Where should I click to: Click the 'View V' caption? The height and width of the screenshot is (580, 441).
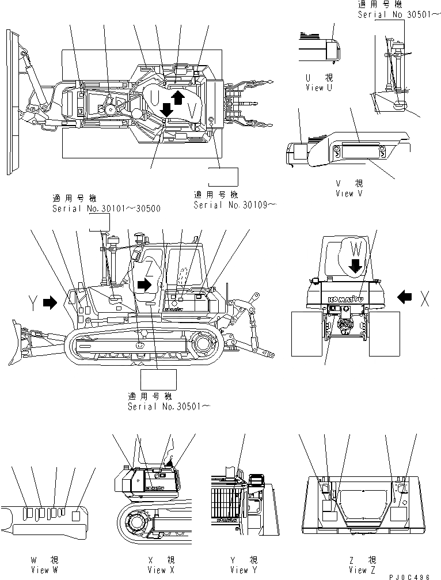pyautogui.click(x=349, y=194)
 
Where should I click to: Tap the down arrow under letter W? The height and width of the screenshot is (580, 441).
pyautogui.click(x=355, y=266)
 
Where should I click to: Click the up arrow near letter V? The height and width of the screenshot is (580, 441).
pyautogui.click(x=178, y=96)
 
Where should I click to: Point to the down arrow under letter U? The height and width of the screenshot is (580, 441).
pyautogui.click(x=166, y=108)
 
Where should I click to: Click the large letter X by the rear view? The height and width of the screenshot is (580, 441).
pyautogui.click(x=425, y=298)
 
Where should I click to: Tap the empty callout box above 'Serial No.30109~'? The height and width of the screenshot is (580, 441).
pyautogui.click(x=223, y=176)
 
